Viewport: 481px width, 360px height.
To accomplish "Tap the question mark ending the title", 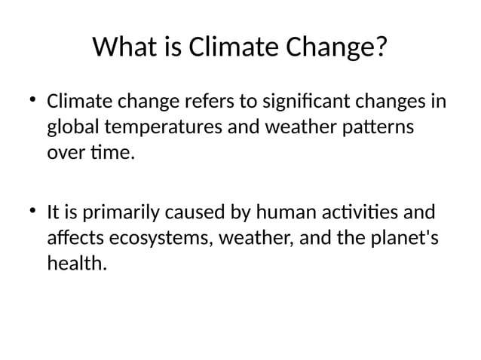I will [x=381, y=48].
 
